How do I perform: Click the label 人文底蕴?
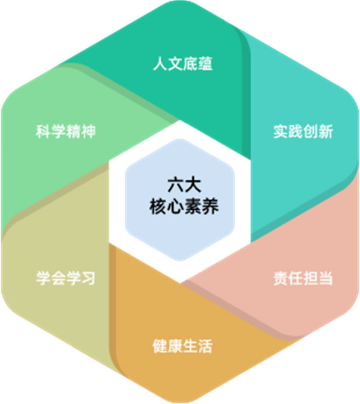[x=182, y=64]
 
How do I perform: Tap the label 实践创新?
[x=303, y=131]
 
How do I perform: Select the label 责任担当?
[x=303, y=278]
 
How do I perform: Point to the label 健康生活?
[x=182, y=346]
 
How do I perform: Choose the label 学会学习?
[x=66, y=278]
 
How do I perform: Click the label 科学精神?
[x=66, y=131]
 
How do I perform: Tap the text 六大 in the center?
[x=184, y=185]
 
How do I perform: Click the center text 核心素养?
[x=184, y=206]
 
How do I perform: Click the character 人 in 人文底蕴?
[x=160, y=64]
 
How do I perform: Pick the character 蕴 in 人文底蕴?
[x=205, y=64]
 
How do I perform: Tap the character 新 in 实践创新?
[x=326, y=131]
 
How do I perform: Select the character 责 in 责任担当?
[x=281, y=278]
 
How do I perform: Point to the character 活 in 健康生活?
[x=205, y=346]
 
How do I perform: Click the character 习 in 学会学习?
[x=88, y=278]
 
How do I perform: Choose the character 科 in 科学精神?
[x=43, y=131]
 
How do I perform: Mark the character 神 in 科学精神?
[x=88, y=131]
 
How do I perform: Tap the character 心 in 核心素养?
[x=175, y=206]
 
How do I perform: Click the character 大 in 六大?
[x=193, y=185]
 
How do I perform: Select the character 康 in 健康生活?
[x=175, y=346]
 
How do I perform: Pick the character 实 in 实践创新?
[x=281, y=131]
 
